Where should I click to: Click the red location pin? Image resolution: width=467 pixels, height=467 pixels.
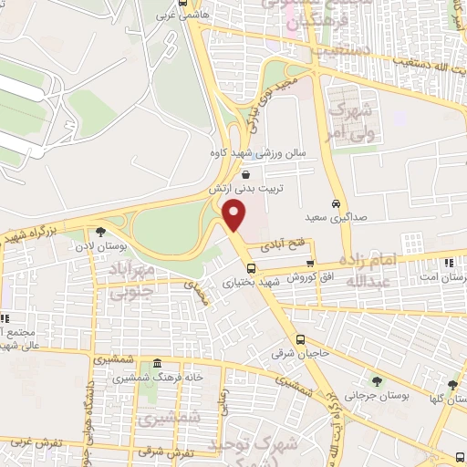click(235, 216)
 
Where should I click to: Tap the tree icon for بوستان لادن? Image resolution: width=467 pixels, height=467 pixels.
click(99, 232)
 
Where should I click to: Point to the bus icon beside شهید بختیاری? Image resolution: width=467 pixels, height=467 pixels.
click(251, 267)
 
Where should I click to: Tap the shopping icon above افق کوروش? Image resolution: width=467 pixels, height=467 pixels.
click(310, 264)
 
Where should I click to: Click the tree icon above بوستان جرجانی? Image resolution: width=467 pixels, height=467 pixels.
click(377, 381)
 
